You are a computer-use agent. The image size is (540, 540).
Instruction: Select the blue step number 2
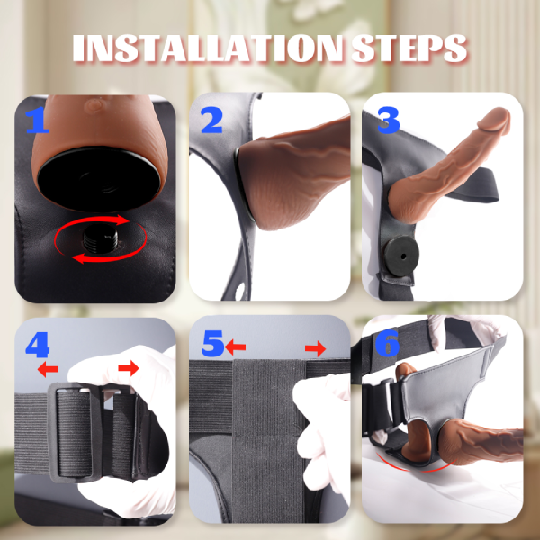click(211, 119)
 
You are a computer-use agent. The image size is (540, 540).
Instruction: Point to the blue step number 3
click(387, 119)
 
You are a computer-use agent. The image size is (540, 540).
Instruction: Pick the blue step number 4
click(38, 345)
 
